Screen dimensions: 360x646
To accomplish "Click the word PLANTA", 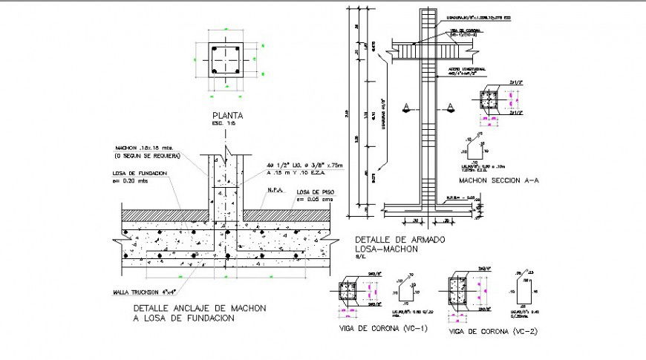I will point(227,115).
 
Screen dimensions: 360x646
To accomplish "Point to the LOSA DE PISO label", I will point(316,192).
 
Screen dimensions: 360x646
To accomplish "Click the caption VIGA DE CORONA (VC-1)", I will point(373,327).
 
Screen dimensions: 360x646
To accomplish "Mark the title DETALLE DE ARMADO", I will point(389,239).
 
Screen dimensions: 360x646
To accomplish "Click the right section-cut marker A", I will point(450,108).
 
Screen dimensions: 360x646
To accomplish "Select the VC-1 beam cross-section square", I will point(348,292).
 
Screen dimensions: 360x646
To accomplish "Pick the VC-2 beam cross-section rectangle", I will point(459,292).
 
